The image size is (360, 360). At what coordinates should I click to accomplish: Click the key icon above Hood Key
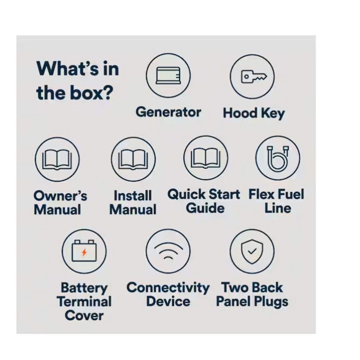[x=254, y=76]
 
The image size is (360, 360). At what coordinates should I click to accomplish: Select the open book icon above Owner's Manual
[x=57, y=160]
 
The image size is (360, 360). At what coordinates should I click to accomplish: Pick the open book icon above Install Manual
[x=133, y=160]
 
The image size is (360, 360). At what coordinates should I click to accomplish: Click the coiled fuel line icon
[x=278, y=158]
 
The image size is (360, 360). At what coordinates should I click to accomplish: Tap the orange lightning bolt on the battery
[x=84, y=252]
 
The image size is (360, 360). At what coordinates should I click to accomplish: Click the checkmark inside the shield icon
[x=252, y=252]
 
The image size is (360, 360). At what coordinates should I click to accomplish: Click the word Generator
[x=168, y=112]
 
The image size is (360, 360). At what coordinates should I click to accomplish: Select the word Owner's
[x=61, y=196]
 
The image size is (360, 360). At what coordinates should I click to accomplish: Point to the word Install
[x=133, y=196]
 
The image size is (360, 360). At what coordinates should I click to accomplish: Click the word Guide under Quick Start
[x=205, y=208]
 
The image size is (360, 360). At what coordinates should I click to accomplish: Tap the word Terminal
[x=84, y=302]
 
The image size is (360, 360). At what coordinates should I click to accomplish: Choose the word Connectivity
[x=168, y=288]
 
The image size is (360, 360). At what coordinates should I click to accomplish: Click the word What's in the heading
[x=67, y=68]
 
